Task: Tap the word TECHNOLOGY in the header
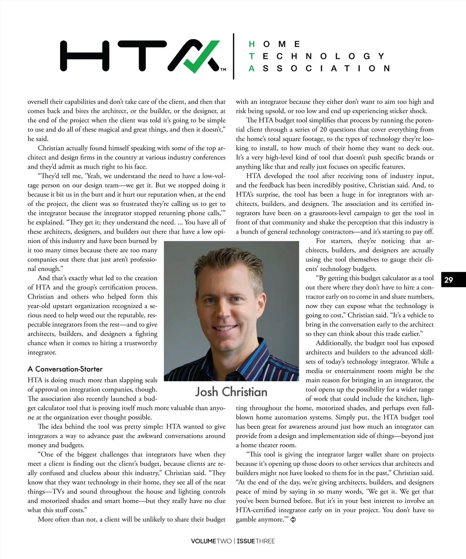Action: (317, 56)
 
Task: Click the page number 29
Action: (449, 280)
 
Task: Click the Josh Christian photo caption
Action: (231, 392)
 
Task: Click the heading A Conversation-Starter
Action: (65, 369)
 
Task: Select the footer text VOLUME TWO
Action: (211, 541)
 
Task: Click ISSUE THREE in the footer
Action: (256, 541)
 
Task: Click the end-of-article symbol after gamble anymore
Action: (293, 520)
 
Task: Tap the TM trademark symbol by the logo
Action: (223, 70)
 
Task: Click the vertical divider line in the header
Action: (233, 56)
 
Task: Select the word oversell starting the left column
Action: (38, 102)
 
